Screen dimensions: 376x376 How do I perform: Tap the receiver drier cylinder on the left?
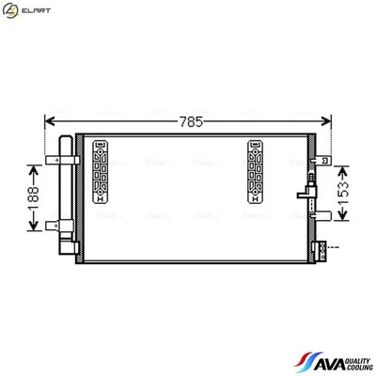[x=66, y=193]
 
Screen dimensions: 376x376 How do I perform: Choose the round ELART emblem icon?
[x=12, y=10]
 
